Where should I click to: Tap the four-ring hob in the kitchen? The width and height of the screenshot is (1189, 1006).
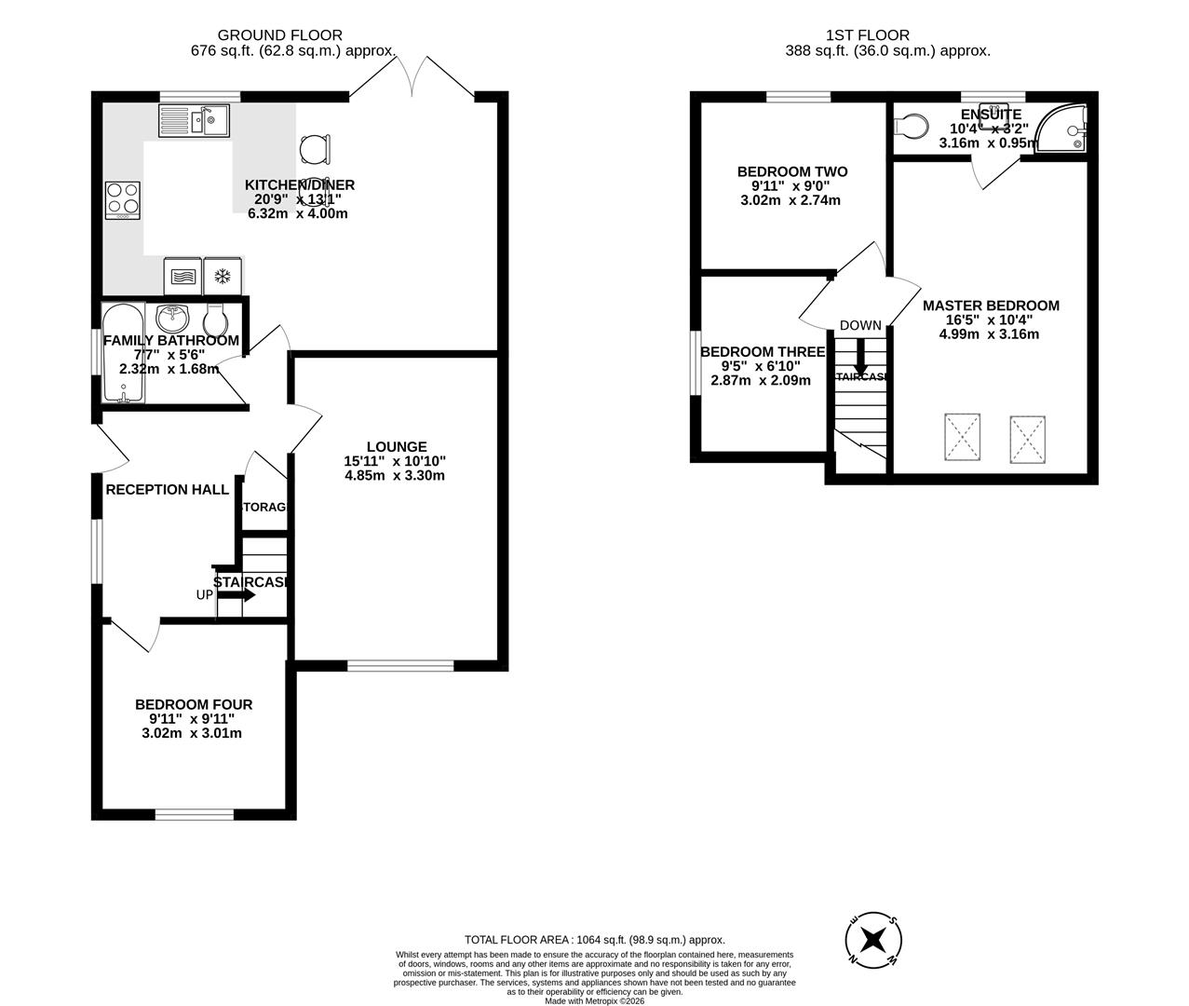point(123,199)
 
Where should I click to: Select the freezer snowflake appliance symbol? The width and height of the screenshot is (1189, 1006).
point(223,276)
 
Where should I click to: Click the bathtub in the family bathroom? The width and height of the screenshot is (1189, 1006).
point(123,352)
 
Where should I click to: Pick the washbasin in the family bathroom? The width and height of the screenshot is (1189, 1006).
point(172,319)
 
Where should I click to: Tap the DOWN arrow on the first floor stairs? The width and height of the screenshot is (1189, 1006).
point(860,357)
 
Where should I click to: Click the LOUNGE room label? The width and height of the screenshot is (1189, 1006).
point(396,447)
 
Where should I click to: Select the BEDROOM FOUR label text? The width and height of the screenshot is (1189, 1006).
point(194,705)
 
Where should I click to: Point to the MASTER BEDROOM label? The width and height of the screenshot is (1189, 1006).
point(991,306)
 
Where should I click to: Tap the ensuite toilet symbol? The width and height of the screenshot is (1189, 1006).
point(910,125)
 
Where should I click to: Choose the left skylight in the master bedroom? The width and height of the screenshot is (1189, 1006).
point(963,436)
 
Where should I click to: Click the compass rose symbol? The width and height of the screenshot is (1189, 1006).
point(873,937)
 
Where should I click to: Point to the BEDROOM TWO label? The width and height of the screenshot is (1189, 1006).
point(792,171)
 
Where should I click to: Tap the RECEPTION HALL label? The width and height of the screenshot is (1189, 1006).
point(168,489)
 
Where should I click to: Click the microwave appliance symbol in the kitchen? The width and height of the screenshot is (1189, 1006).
point(182,276)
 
